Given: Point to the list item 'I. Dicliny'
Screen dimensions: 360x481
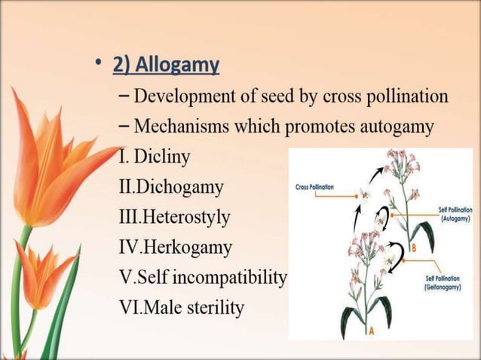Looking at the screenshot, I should [x=155, y=157].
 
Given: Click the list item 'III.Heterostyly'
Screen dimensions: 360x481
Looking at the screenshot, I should [x=174, y=218].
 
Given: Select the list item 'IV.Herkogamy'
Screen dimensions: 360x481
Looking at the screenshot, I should [x=175, y=248].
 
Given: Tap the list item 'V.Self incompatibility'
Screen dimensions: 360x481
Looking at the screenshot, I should [x=203, y=278].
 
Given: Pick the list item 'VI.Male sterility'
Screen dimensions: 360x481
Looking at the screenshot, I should [x=181, y=308].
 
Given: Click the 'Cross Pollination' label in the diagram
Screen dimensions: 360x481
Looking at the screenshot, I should [x=314, y=187].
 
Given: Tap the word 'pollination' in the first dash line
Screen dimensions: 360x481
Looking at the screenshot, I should [x=406, y=97].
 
